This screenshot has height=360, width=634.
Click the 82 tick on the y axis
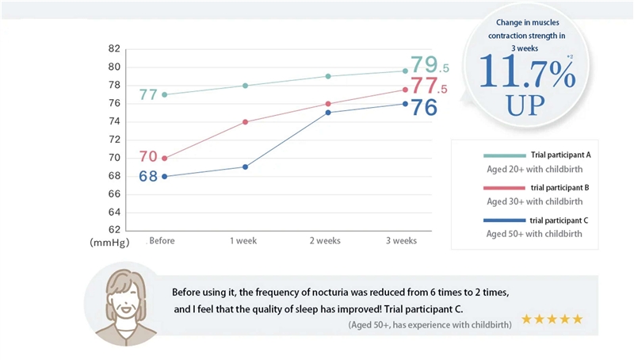(x=114, y=48)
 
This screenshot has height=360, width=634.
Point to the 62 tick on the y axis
(x=114, y=230)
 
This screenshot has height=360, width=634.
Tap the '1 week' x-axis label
(x=244, y=241)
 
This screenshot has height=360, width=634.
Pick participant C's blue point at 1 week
(x=246, y=167)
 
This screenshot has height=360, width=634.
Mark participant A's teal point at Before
(x=164, y=94)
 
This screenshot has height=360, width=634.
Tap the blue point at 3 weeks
(x=405, y=103)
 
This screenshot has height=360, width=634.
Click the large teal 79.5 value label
(x=429, y=65)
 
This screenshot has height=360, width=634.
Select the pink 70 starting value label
(x=148, y=157)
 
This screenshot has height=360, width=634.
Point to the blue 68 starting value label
(x=148, y=176)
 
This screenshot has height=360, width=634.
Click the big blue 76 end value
(x=424, y=108)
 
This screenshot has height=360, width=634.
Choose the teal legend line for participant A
(x=504, y=155)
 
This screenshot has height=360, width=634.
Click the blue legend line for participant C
(x=504, y=220)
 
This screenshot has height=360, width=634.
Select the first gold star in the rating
(x=526, y=320)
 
